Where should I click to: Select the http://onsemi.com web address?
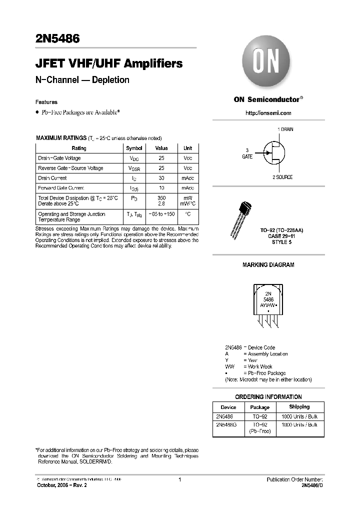click(x=268, y=113)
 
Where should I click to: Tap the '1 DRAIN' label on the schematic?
click(x=285, y=129)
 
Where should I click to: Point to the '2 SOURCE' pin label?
click(x=282, y=177)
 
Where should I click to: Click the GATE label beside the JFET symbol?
click(x=247, y=156)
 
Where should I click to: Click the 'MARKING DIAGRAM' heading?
click(x=268, y=264)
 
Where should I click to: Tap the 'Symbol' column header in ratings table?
click(x=134, y=148)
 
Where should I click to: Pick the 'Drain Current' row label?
click(x=52, y=178)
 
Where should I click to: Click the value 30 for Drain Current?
click(x=161, y=178)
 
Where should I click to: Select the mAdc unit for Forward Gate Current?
click(x=187, y=188)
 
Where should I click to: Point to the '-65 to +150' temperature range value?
click(x=161, y=214)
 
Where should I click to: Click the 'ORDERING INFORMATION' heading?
click(x=268, y=396)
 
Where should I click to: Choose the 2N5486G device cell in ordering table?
click(x=228, y=424)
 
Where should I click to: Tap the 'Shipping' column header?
click(x=299, y=407)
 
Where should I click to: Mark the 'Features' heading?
click(x=46, y=102)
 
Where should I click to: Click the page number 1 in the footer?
click(x=179, y=480)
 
